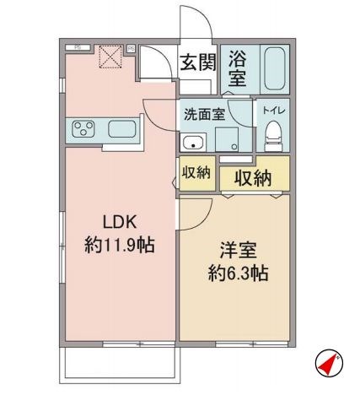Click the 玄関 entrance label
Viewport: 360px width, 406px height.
pos(197,63)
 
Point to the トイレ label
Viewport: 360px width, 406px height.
pos(271,110)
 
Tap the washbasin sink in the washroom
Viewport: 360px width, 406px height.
pos(193,142)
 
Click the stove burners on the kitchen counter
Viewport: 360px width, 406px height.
pos(84,129)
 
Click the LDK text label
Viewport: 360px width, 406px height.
pos(119,221)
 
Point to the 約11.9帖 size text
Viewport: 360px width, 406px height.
pos(119,246)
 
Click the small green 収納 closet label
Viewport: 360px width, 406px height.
pos(196,172)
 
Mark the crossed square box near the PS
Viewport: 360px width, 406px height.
pos(110,57)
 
